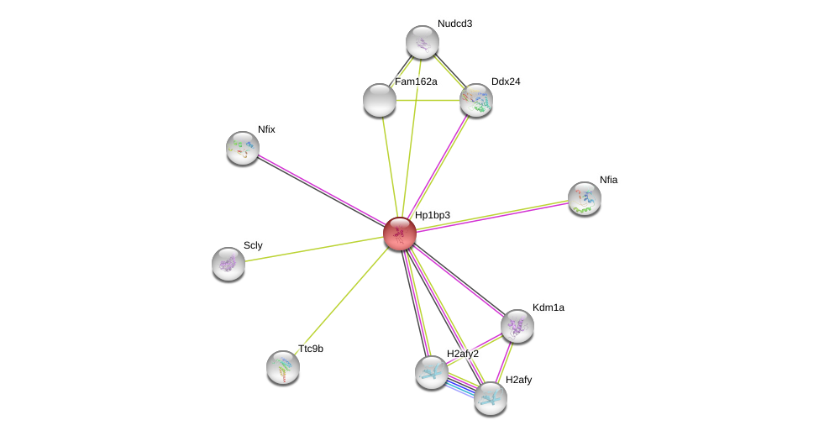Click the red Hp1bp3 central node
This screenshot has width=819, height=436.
tap(400, 233)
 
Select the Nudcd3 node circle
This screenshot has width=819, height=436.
tap(423, 42)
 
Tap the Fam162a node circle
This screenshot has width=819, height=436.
tap(380, 100)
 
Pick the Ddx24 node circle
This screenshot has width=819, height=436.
tap(476, 100)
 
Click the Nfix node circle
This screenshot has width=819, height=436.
tap(243, 148)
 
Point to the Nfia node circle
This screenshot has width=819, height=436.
tap(585, 198)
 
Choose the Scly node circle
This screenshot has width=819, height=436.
tap(228, 264)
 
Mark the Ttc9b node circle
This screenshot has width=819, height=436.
tap(283, 366)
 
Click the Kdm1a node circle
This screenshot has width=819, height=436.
tap(517, 326)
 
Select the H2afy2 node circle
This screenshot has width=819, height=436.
tap(432, 372)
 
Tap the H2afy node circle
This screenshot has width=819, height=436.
tap(491, 398)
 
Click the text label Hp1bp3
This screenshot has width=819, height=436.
tap(433, 215)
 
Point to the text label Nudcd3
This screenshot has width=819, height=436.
tap(454, 24)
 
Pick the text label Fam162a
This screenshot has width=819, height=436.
tap(416, 81)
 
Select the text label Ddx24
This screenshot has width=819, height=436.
tap(506, 81)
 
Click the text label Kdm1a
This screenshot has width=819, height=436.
tap(549, 307)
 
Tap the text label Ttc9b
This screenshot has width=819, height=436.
tap(311, 348)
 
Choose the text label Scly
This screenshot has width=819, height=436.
tap(253, 245)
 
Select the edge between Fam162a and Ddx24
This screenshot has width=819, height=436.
tap(428, 100)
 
